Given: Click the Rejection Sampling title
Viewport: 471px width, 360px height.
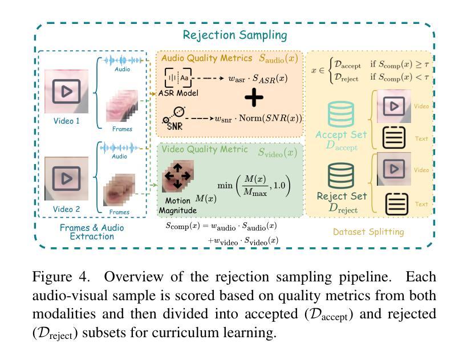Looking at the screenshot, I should [x=235, y=35].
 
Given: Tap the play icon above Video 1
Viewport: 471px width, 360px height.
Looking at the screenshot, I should [x=66, y=91].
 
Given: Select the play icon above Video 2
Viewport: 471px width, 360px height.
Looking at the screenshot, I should [x=66, y=178].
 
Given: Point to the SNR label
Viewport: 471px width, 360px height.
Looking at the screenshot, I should [x=173, y=125].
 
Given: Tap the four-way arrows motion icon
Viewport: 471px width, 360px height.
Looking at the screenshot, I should [x=177, y=175].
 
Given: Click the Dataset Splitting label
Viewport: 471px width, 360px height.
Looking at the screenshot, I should [x=368, y=232].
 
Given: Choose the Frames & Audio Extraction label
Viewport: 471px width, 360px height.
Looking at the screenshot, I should [x=91, y=232].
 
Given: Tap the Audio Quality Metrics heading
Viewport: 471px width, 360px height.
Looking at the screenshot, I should [x=207, y=58].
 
